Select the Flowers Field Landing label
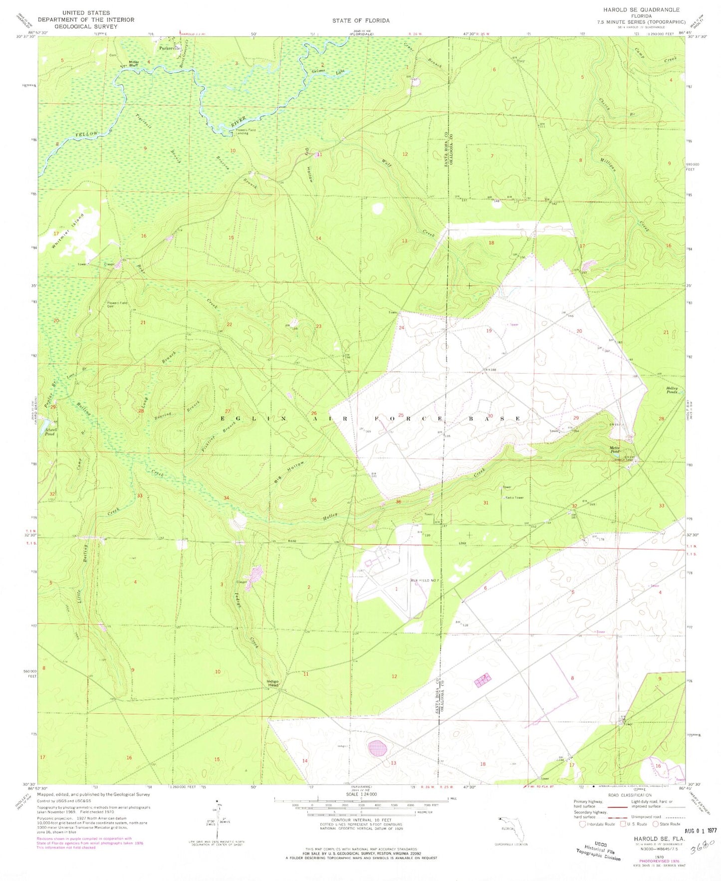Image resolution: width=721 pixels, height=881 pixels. pos(245,132)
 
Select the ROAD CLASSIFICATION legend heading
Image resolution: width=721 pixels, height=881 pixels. pos(629,795)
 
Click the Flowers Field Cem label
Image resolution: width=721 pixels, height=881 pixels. pos(117,304)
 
